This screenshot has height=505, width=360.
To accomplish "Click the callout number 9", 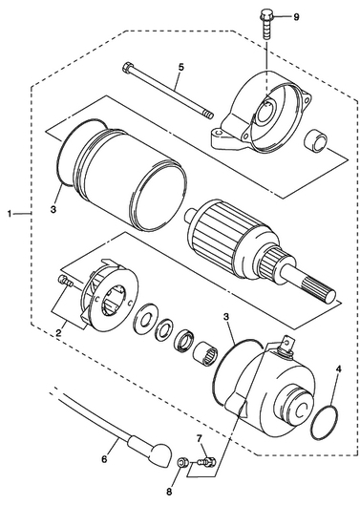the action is [x=296, y=17].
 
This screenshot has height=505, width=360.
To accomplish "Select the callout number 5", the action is [x=180, y=68].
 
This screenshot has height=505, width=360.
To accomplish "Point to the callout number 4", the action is [x=338, y=368].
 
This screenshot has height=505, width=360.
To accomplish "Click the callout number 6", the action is [x=104, y=459].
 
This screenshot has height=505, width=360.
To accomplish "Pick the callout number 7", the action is [x=199, y=438].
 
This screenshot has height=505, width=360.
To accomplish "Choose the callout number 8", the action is [x=170, y=492].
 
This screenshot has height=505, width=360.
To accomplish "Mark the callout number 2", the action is [x=58, y=334].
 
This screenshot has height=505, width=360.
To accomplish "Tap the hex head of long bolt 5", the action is [x=127, y=67].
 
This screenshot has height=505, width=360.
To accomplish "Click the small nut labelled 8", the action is [x=182, y=463].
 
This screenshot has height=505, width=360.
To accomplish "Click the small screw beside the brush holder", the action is [x=66, y=281].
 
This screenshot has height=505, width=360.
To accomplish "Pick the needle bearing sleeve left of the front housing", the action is [x=206, y=353].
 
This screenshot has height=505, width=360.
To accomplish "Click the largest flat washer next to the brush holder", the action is [x=146, y=317].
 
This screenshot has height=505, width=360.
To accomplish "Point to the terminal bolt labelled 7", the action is [x=206, y=462].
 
